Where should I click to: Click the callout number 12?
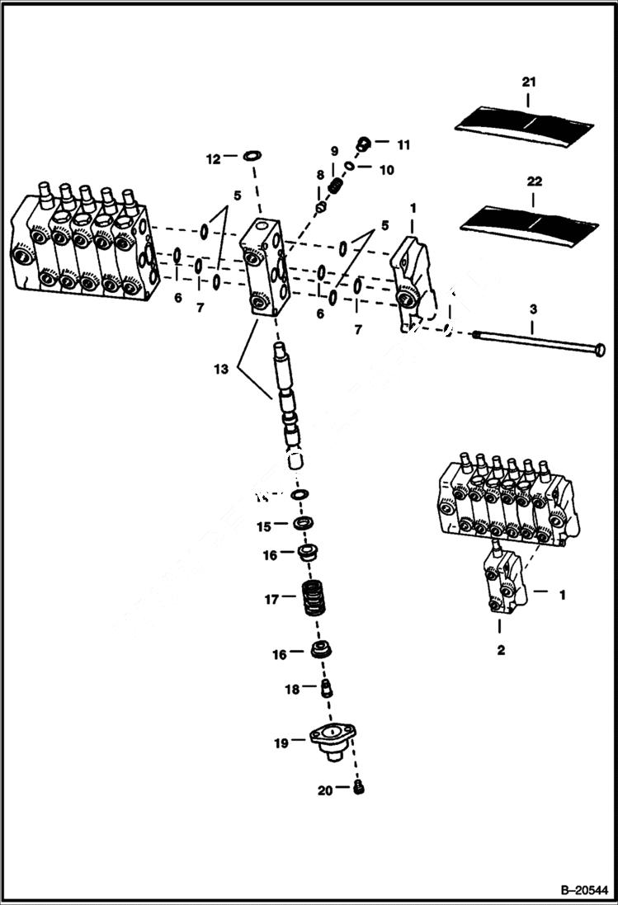(x=213, y=158)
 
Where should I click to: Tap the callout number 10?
(x=387, y=170)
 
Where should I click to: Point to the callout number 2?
(x=501, y=650)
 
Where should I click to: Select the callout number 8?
(x=319, y=175)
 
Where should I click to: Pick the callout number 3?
(x=533, y=309)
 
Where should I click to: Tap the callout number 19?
(x=280, y=743)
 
